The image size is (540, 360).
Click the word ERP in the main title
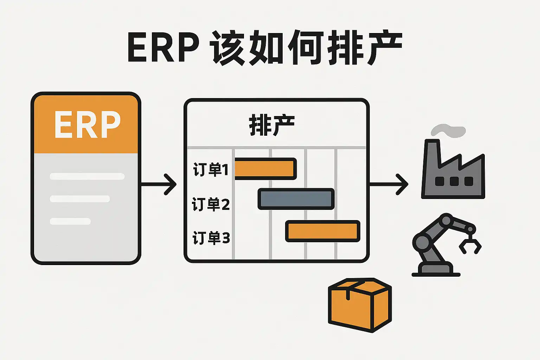(163, 47)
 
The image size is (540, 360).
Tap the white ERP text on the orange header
(87, 125)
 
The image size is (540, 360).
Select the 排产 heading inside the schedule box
(272, 125)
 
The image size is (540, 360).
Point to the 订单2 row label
(211, 204)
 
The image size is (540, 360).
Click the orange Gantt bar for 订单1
(265, 169)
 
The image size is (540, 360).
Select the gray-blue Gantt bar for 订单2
(296, 199)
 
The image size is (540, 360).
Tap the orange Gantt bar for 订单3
(323, 231)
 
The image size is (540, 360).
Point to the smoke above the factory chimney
(448, 131)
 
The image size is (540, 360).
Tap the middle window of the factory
(454, 181)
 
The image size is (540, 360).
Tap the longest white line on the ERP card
(87, 176)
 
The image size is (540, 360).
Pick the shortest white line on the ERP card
(70, 221)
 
